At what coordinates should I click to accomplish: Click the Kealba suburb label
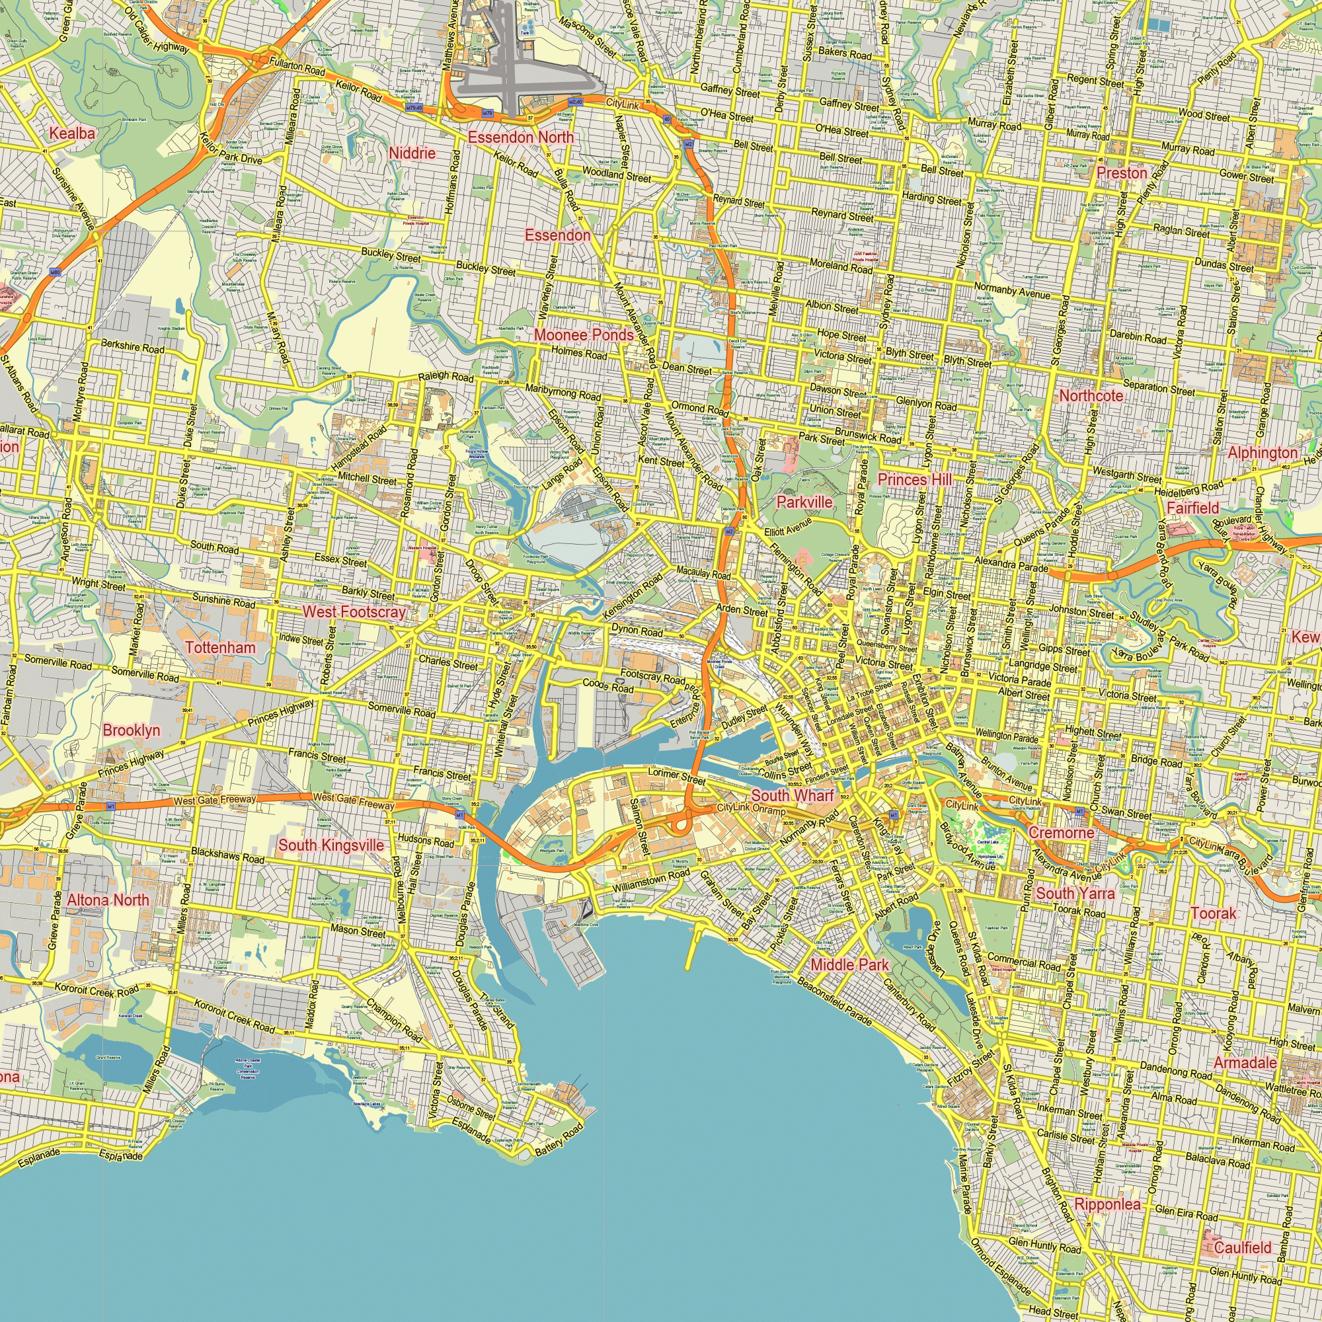pos(72,134)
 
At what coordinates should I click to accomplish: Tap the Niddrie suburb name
pos(412,153)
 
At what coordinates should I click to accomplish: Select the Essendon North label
pos(521,137)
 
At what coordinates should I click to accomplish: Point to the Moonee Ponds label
pos(584,334)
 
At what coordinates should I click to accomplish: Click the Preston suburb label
pos(1122,173)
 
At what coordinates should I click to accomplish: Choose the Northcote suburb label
pos(1091,395)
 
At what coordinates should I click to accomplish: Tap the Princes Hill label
pos(914,480)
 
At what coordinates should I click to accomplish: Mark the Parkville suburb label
pos(804,502)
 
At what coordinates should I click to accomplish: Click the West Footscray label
pos(354,611)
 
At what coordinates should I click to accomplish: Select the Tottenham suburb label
pos(220,647)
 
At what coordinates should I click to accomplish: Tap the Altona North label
pos(108,900)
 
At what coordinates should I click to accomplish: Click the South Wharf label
pos(793,795)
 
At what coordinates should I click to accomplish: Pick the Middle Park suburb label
pos(849,965)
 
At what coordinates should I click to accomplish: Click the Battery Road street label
pos(559,1140)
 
